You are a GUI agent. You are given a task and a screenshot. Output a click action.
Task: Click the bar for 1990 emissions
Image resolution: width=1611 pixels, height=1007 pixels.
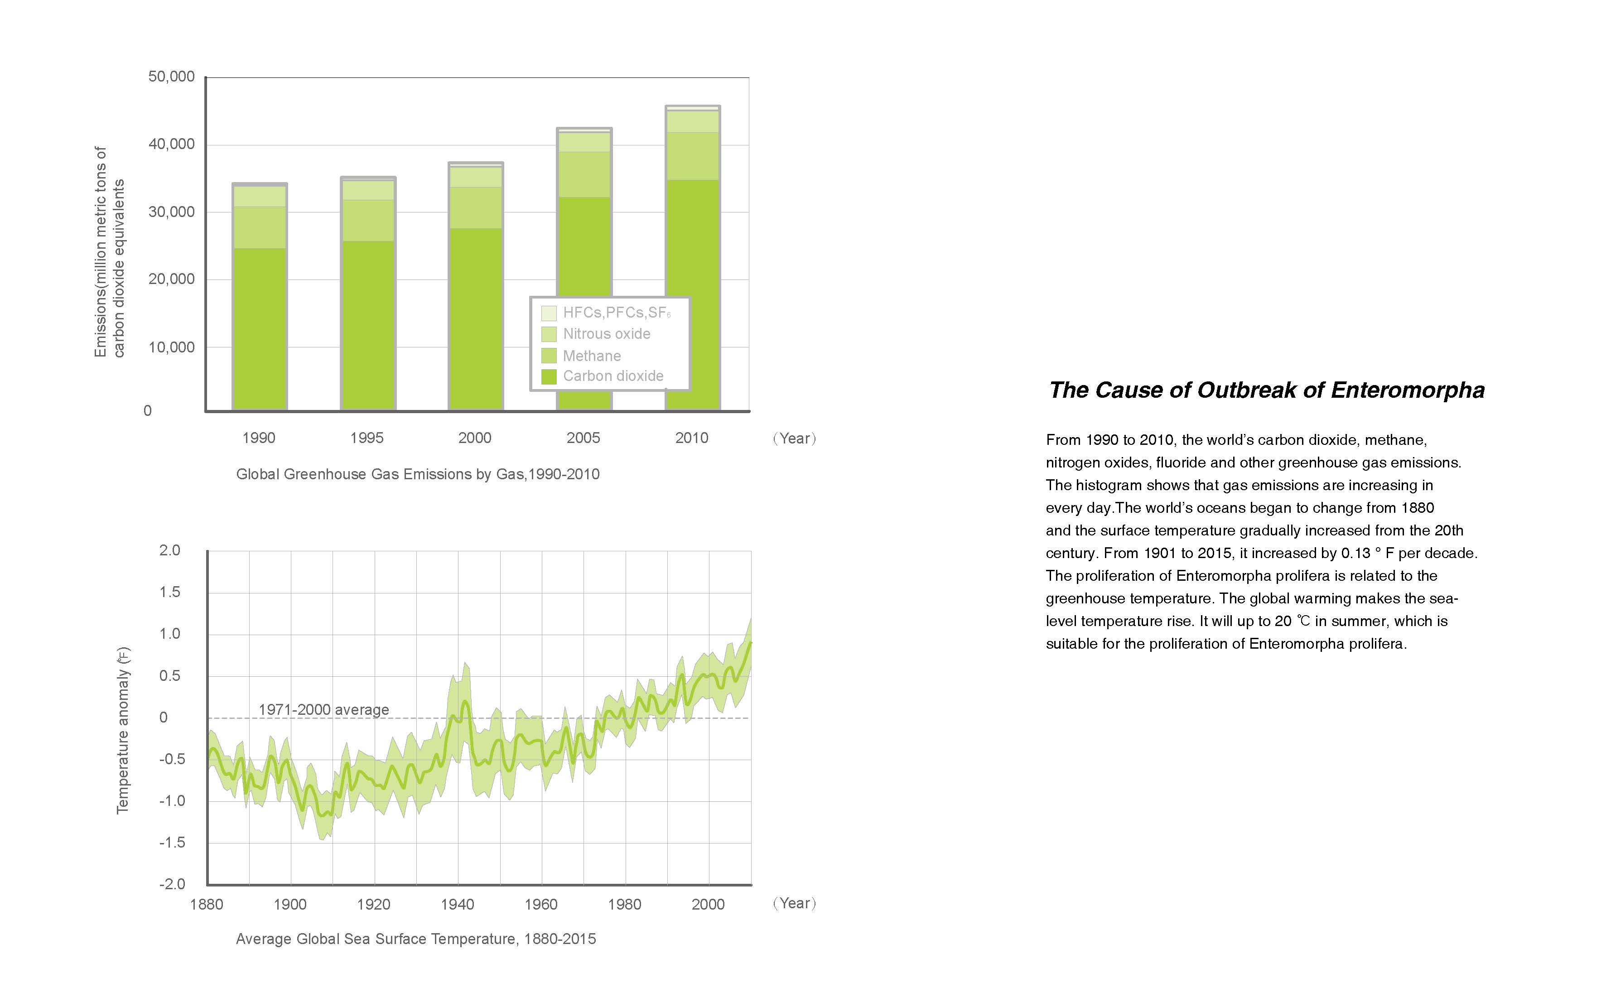tap(259, 300)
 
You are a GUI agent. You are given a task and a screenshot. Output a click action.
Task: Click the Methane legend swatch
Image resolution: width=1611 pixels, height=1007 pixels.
tap(549, 356)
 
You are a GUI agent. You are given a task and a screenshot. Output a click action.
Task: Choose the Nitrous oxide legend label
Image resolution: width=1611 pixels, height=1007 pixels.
tap(606, 334)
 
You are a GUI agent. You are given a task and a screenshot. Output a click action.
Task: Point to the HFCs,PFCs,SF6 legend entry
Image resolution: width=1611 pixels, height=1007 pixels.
tap(616, 313)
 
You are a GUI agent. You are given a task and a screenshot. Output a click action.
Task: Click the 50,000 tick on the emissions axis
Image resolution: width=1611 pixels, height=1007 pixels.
tap(171, 77)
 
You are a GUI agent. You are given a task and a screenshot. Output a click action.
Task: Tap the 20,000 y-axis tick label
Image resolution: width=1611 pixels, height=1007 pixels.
tap(171, 279)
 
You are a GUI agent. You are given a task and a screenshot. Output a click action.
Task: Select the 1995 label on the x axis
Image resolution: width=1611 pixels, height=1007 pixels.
tap(367, 438)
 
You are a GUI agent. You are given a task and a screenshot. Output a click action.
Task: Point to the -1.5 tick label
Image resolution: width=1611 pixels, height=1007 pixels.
tap(172, 843)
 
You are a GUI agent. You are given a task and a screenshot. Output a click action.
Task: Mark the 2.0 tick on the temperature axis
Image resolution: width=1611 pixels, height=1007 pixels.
tap(170, 550)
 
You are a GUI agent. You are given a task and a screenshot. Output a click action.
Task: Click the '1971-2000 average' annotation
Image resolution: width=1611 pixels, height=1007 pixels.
tap(323, 709)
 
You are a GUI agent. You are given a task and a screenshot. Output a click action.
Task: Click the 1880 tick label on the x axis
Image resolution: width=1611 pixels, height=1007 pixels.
tap(207, 904)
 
